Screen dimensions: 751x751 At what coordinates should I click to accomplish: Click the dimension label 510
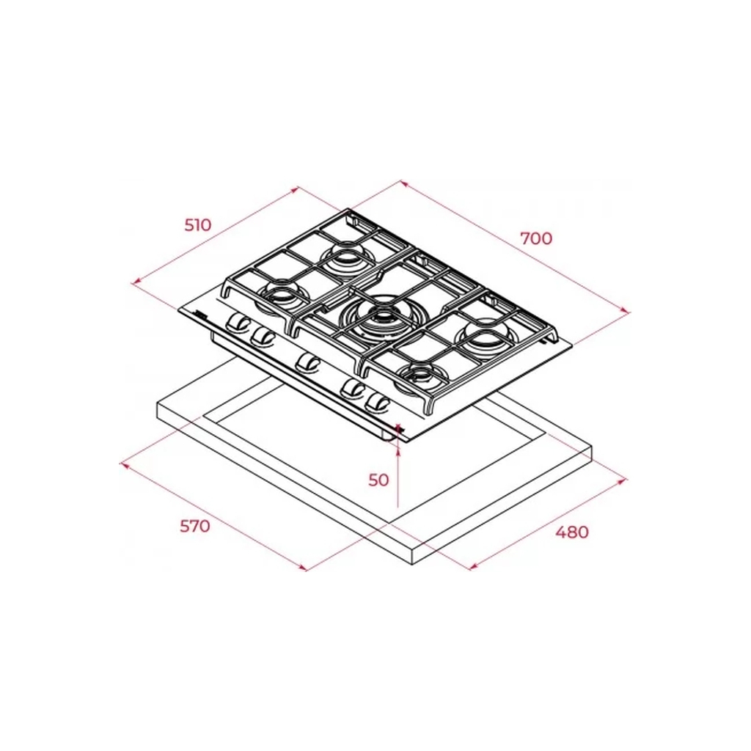tap(198, 224)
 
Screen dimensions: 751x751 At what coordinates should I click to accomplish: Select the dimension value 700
tap(536, 238)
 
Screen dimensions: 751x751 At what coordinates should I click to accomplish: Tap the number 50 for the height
tap(378, 480)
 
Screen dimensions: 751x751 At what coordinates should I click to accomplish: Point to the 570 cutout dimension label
tap(195, 527)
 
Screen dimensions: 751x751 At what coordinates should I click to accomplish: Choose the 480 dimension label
tap(572, 532)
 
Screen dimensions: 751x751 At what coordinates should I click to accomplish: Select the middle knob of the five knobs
tap(308, 362)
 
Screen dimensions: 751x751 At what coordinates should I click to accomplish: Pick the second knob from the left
tap(262, 336)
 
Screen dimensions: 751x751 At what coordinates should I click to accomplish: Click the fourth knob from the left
tap(353, 389)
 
